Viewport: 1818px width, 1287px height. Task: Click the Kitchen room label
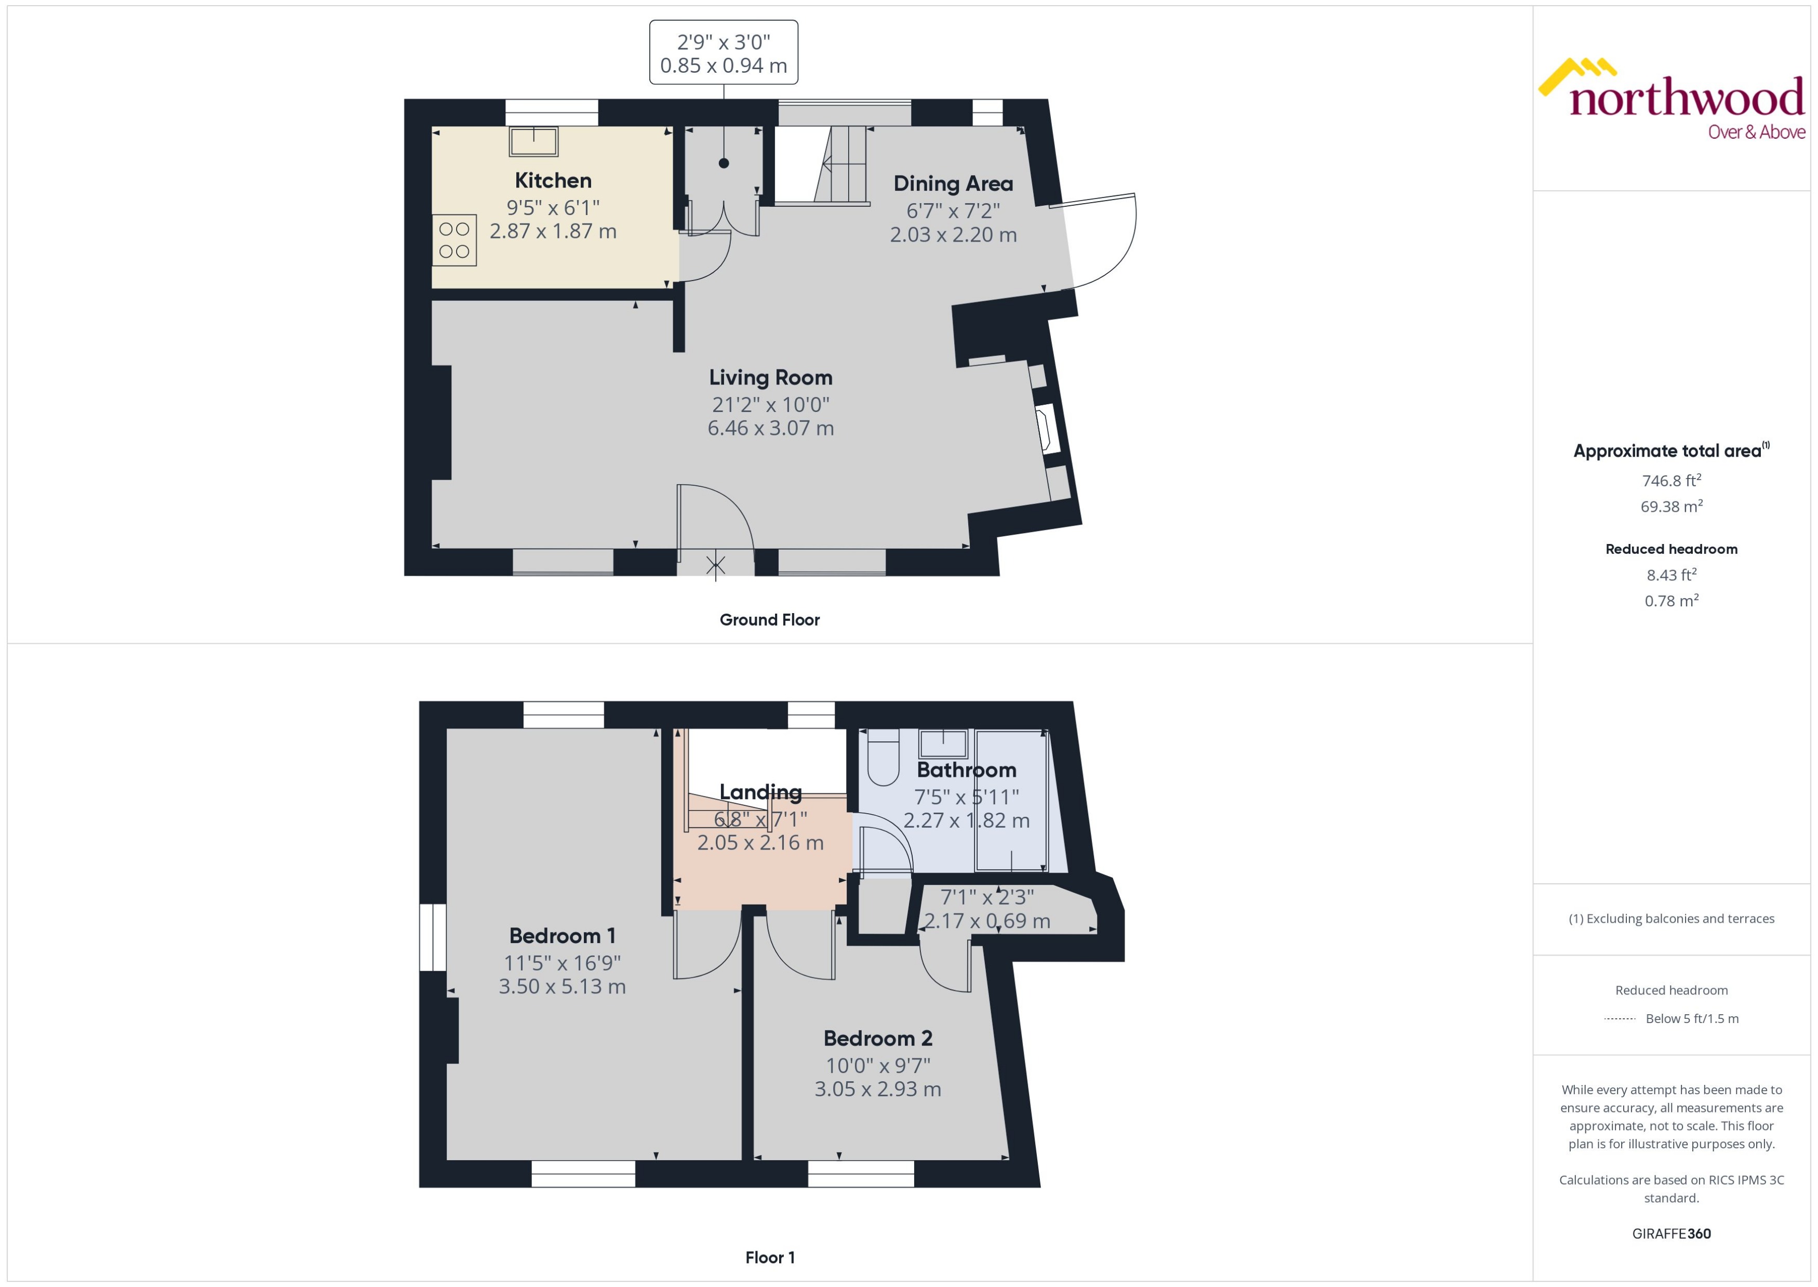(553, 181)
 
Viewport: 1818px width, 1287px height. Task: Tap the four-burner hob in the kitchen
(454, 240)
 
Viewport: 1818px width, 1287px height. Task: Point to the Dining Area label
(953, 184)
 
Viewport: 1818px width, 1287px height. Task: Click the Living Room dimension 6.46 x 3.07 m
(770, 429)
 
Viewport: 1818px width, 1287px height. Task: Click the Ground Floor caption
(769, 620)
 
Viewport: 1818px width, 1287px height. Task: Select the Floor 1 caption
(769, 1257)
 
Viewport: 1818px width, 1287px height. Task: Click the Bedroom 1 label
(562, 936)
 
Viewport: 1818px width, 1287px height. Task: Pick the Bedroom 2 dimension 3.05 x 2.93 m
(878, 1089)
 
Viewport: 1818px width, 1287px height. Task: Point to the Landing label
(760, 792)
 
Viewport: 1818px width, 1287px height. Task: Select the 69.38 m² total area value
(1670, 507)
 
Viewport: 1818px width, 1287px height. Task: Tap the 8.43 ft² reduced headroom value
(1670, 575)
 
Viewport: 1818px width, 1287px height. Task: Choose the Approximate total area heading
(1667, 451)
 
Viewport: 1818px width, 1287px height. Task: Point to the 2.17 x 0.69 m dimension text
(987, 921)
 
